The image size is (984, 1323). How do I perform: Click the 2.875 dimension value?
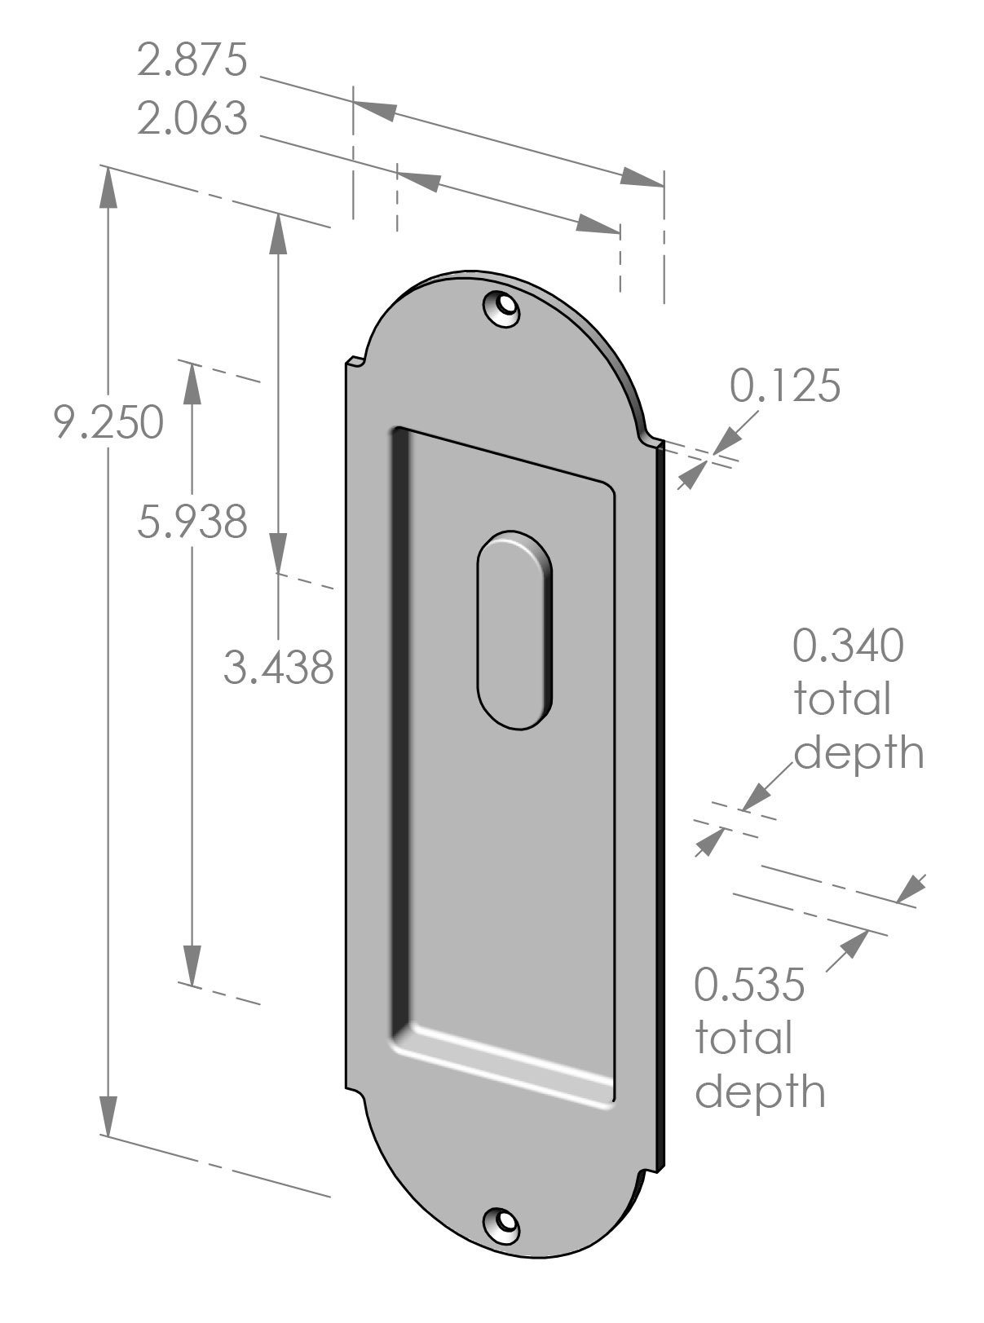[x=192, y=62]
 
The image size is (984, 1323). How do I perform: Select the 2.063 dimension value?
[x=192, y=119]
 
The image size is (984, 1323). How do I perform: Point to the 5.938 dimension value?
[x=192, y=522]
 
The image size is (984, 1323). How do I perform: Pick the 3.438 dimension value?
[x=280, y=668]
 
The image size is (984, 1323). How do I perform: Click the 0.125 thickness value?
[x=784, y=386]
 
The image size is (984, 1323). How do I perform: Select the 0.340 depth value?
[x=848, y=646]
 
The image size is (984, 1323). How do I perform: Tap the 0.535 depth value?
[x=749, y=984]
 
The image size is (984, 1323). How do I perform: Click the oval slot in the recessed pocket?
[x=515, y=630]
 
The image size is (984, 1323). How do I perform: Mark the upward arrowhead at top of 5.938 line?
[x=192, y=382]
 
